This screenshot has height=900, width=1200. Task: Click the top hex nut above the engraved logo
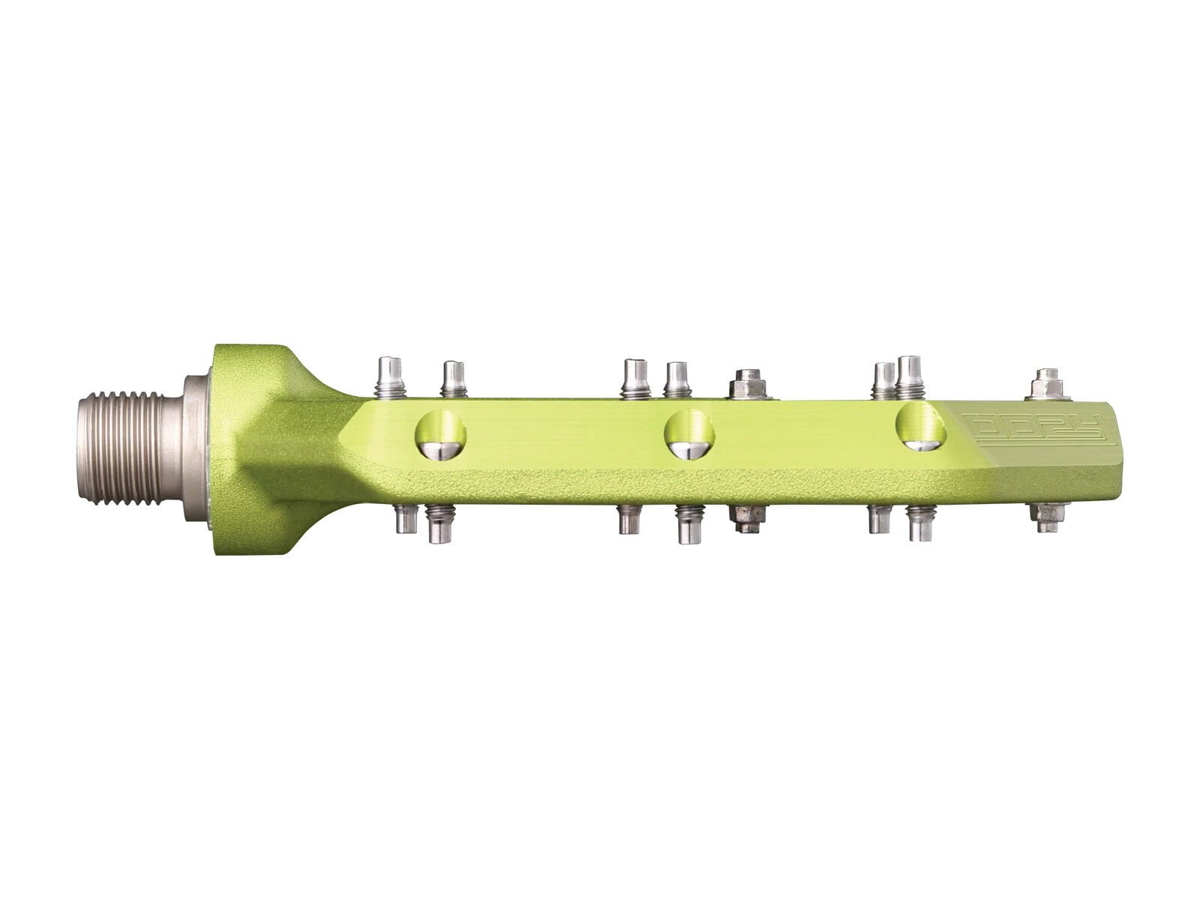click(x=1048, y=385)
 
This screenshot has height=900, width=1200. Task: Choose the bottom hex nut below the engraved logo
click(x=1047, y=515)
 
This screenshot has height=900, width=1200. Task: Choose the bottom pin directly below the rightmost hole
click(x=919, y=523)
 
